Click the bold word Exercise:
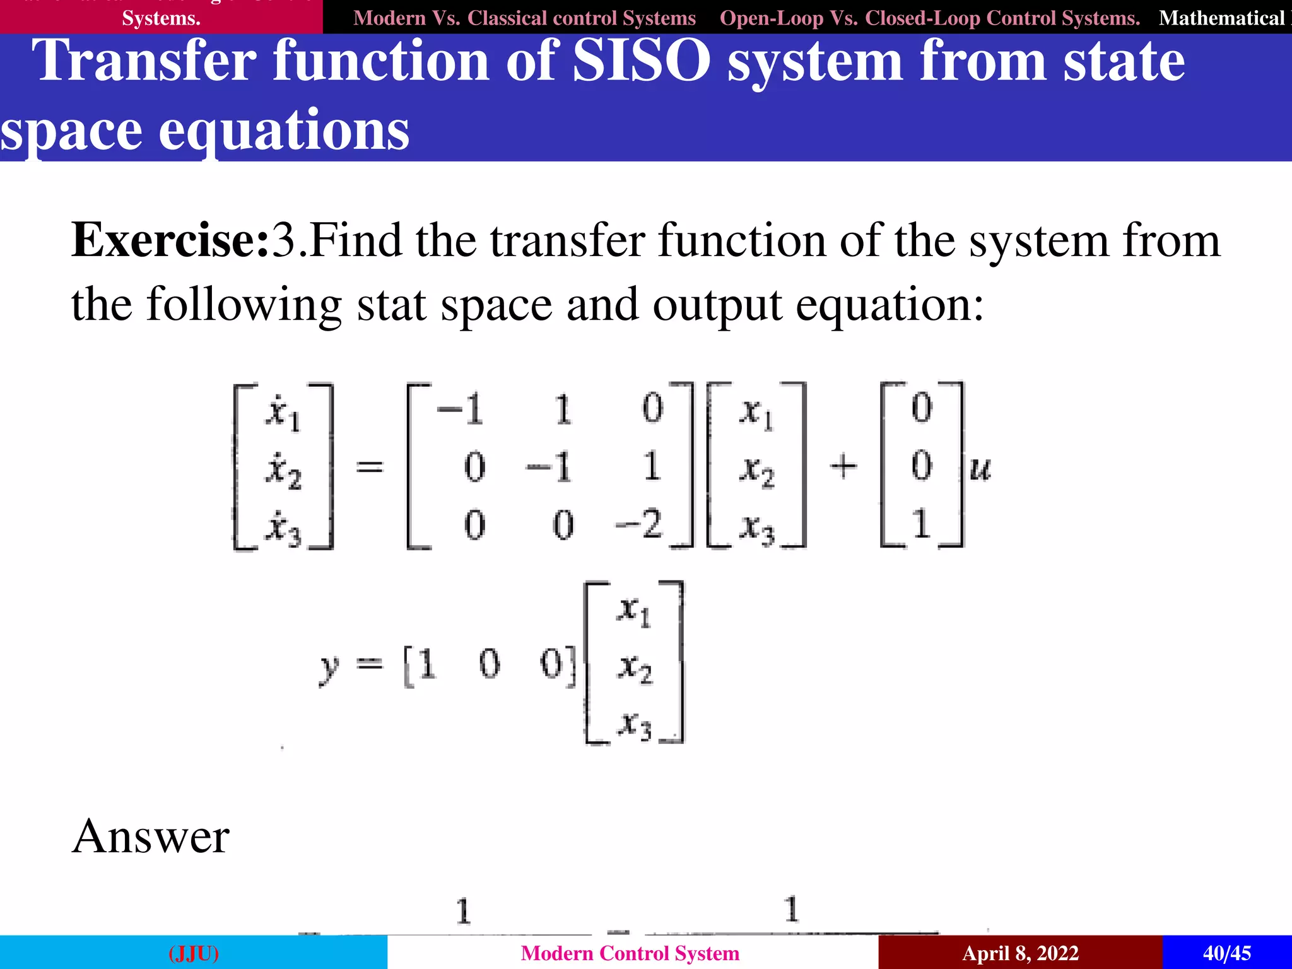tap(170, 241)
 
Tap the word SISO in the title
tap(641, 61)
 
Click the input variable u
tap(980, 468)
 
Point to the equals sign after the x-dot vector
tap(370, 467)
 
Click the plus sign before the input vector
tap(843, 467)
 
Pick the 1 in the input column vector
tap(922, 524)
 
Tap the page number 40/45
tap(1226, 953)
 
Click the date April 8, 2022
tap(1020, 953)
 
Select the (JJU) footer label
tap(194, 953)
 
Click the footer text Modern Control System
tap(630, 953)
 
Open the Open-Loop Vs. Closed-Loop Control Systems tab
tap(929, 18)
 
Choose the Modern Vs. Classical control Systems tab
tap(524, 18)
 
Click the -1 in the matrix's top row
tap(461, 409)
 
